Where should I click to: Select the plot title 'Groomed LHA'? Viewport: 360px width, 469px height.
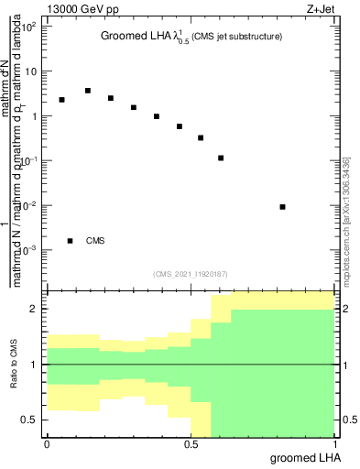[x=137, y=38]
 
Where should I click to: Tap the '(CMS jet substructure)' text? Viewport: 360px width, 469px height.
[x=237, y=38]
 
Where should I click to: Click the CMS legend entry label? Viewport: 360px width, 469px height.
[x=95, y=241]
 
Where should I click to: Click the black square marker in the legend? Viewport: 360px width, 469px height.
[x=71, y=241]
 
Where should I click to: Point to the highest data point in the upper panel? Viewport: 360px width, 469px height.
[x=87, y=91]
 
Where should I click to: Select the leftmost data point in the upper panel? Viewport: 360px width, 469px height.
[x=61, y=100]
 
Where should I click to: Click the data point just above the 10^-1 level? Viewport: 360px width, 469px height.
[x=221, y=158]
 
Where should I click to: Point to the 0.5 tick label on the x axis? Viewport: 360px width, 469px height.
[x=191, y=444]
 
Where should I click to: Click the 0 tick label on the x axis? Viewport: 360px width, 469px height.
[x=47, y=444]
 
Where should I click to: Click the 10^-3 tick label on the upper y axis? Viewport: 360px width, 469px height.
[x=29, y=250]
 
